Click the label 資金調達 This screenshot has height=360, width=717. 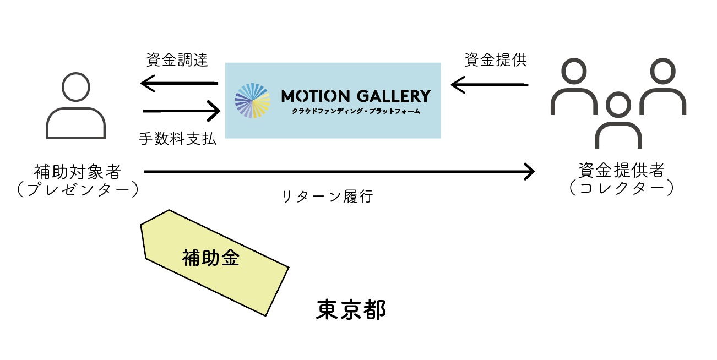tap(177, 60)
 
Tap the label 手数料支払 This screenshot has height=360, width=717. tap(177, 140)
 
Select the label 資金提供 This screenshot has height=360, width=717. tap(496, 60)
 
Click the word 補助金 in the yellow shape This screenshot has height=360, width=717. tap(211, 258)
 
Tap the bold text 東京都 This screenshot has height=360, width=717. tap(351, 310)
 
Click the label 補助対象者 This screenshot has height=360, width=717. tap(77, 172)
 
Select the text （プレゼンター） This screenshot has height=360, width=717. tap(77, 189)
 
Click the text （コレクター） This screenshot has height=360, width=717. tap(621, 189)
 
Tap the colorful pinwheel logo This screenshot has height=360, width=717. tap(252, 100)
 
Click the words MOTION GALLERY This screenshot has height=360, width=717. tap(355, 96)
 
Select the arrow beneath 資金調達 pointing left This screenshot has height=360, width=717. tap(179, 84)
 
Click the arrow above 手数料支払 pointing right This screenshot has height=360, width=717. tap(182, 111)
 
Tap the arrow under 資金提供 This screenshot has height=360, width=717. tap(489, 85)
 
